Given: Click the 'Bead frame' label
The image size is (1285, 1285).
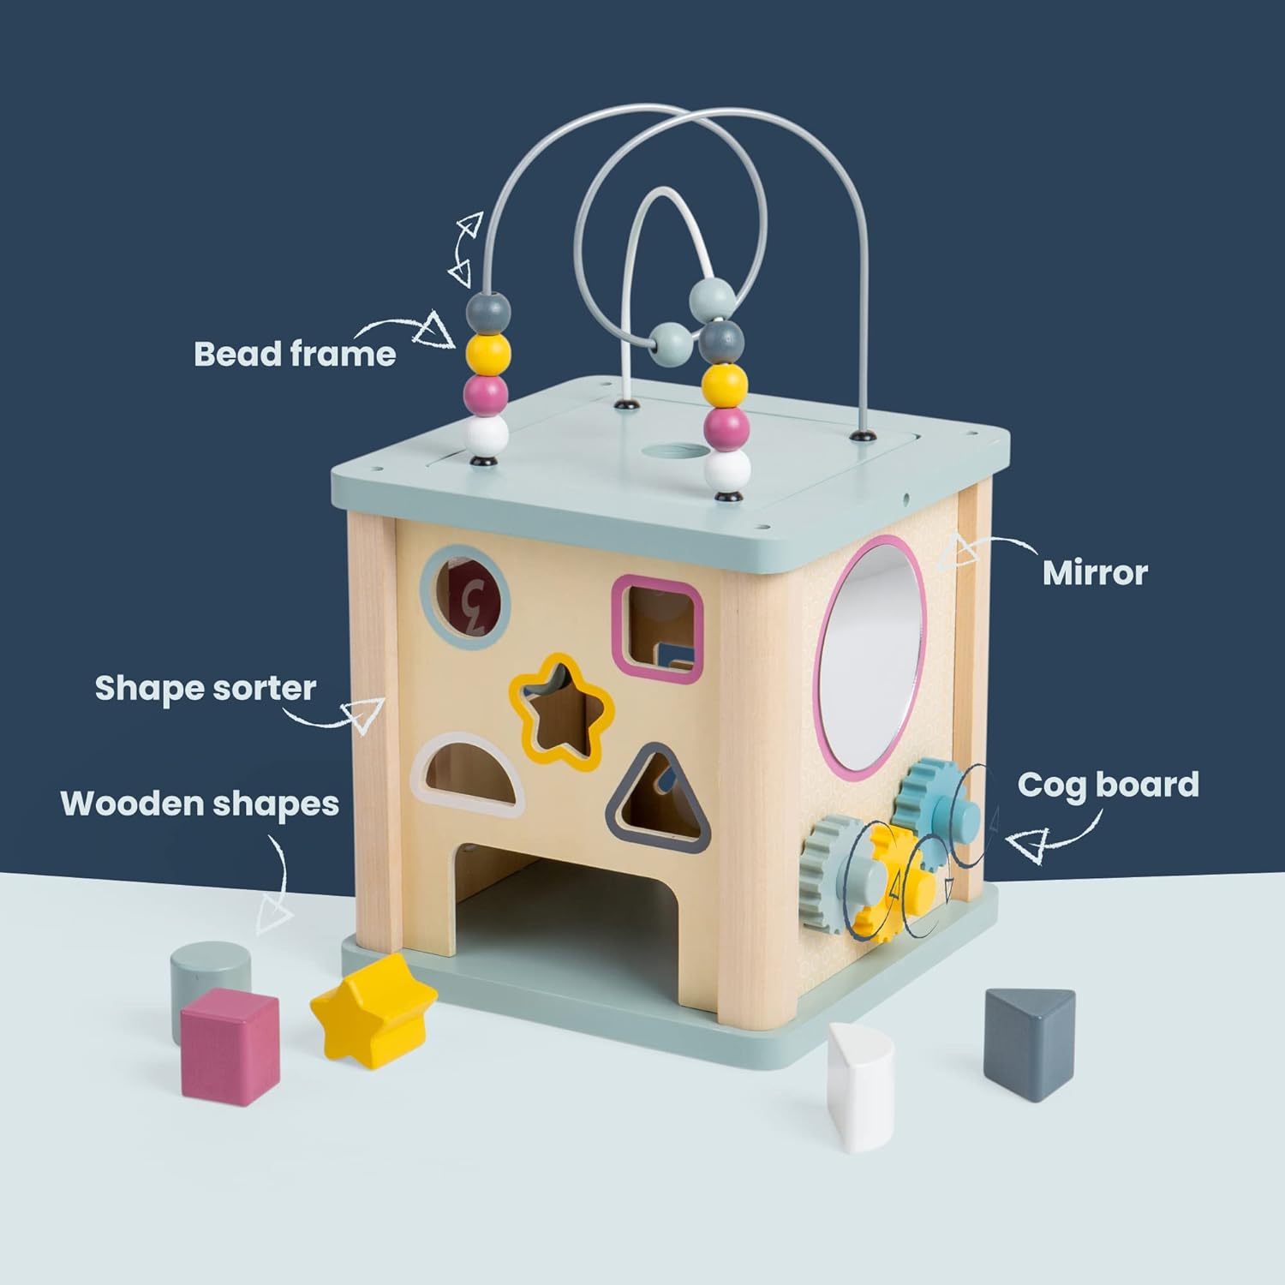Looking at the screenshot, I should tap(295, 354).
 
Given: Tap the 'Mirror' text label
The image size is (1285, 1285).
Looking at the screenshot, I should tap(1095, 573).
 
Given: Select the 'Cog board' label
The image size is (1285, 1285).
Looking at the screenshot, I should tap(1108, 785).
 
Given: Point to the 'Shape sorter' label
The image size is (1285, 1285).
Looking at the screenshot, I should tap(206, 688).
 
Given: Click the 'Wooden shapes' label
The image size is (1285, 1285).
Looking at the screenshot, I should tap(200, 804).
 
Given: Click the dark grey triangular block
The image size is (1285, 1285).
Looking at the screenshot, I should tap(1028, 1041).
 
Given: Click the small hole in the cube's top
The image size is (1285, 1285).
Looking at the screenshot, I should tap(672, 449).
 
